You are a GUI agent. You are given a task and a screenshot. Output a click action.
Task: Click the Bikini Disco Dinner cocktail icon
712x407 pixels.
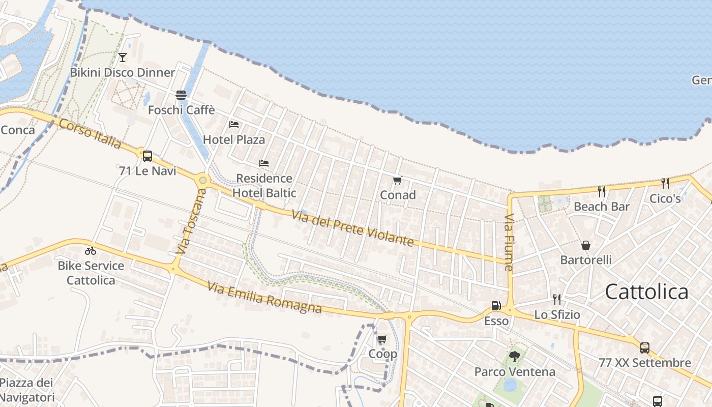[x=122, y=57]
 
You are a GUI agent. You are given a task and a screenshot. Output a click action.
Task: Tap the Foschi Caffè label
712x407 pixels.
[x=182, y=110]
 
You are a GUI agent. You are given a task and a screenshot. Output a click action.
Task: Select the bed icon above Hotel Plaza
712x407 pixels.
[x=234, y=124]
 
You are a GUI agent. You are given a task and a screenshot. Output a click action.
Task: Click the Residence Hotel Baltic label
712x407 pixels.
[x=264, y=186]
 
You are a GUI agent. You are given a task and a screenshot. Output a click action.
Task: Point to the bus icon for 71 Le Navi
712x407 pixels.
[x=147, y=156]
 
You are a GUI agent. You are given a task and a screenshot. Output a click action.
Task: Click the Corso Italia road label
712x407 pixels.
[x=90, y=134]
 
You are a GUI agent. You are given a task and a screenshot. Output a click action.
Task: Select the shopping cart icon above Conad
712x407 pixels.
[x=398, y=180]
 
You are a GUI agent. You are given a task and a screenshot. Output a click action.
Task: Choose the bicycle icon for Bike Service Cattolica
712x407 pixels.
[x=91, y=251]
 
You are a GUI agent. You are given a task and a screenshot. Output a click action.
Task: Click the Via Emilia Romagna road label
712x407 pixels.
[x=264, y=298]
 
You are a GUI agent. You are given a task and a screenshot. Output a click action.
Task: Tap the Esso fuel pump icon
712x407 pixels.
[x=496, y=306]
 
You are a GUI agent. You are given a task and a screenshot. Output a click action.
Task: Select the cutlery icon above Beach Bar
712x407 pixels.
[x=602, y=192]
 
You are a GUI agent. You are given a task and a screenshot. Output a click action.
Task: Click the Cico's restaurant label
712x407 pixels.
[x=665, y=198]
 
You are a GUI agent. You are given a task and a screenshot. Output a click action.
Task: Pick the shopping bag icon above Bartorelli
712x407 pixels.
[x=586, y=245]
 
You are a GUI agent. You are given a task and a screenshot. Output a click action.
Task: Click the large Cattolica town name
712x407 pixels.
[x=647, y=292]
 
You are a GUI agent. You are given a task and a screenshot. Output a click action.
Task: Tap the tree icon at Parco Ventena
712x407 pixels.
[x=515, y=357]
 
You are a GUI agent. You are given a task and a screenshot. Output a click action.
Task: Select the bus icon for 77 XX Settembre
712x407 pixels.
[x=645, y=348]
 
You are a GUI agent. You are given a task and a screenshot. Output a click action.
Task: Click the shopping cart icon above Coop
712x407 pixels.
[x=382, y=339]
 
